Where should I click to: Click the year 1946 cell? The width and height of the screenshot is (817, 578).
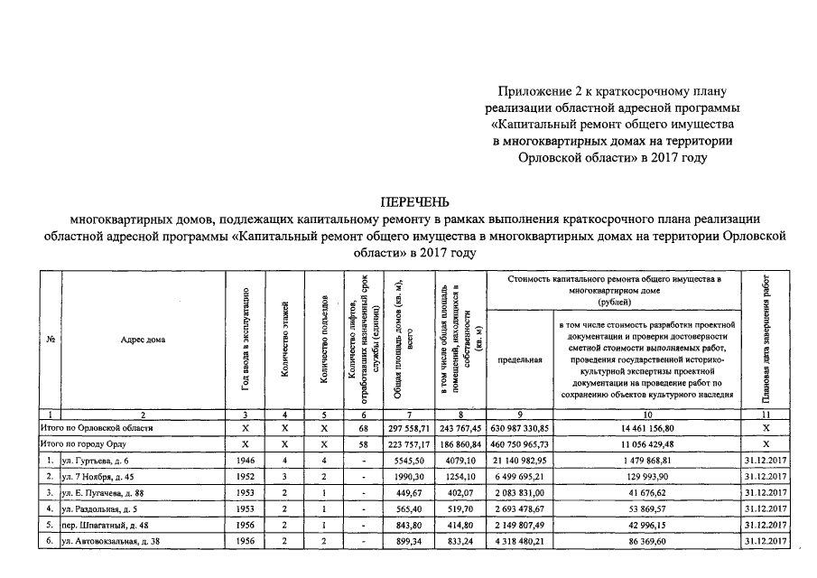pos(246,461)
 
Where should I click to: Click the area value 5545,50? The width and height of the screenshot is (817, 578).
pos(409,461)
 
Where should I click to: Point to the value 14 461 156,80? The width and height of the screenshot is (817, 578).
pos(647,427)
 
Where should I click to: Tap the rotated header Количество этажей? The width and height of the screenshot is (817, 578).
pos(284,340)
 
